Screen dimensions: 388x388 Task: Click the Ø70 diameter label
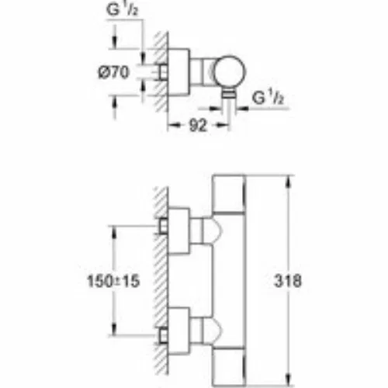coord(113,72)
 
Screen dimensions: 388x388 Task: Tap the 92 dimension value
coord(198,126)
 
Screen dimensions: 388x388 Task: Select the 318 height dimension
coord(288,281)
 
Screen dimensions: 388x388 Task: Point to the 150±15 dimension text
coord(113,281)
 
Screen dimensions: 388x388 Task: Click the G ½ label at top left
coord(122,10)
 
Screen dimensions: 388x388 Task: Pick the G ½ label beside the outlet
coord(268,97)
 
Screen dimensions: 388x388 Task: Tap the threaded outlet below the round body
coord(229,94)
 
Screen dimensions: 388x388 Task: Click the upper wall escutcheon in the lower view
coord(179,230)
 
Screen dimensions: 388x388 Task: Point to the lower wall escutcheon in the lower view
coord(179,331)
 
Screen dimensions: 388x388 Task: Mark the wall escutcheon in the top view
coord(179,72)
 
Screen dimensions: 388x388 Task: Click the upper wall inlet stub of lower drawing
coord(164,226)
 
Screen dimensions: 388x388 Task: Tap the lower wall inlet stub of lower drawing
coord(164,335)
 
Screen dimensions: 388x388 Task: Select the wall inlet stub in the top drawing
coord(164,71)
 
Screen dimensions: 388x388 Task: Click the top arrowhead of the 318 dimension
coord(289,181)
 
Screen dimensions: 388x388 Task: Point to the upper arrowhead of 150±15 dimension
coord(114,231)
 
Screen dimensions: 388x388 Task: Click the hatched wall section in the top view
coord(161,72)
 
